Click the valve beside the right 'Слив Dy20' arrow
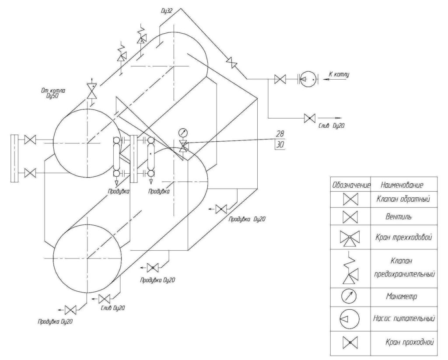pos(309,118)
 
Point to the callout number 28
pos(280,133)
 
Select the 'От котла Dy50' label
pos(52,93)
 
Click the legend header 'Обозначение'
pos(351,185)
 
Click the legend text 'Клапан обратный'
pos(404,199)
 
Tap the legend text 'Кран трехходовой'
pos(404,238)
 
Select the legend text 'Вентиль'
pos(404,217)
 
